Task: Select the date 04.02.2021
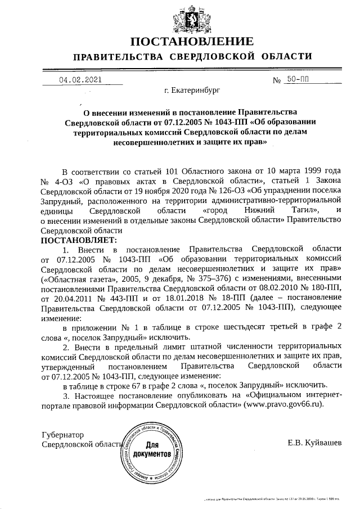(x=80, y=80)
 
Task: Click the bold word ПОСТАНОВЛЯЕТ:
(x=78, y=240)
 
